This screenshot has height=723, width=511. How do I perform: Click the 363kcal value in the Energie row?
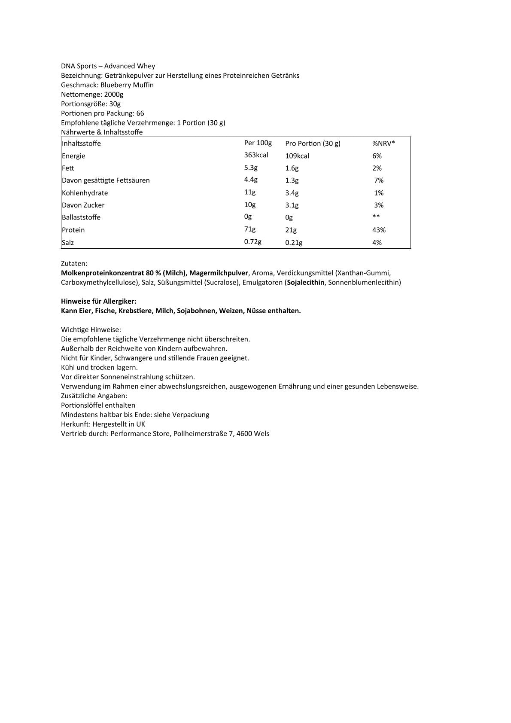pyautogui.click(x=256, y=155)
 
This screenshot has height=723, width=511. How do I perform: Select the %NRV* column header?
pyautogui.click(x=383, y=143)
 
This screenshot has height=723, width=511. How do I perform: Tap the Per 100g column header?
pyautogui.click(x=258, y=143)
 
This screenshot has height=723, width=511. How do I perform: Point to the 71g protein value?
pyautogui.click(x=249, y=229)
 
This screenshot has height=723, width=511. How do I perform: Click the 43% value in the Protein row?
pyautogui.click(x=379, y=230)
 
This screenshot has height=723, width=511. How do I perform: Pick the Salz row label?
pyautogui.click(x=68, y=242)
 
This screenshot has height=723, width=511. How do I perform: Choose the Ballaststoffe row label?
pyautogui.click(x=81, y=217)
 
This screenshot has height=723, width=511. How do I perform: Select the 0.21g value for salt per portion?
pyautogui.click(x=294, y=243)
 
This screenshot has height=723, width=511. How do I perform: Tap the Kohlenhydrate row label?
pyautogui.click(x=85, y=193)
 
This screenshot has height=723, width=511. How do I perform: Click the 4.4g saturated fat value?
pyautogui.click(x=250, y=180)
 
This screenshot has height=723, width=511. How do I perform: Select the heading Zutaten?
pyautogui.click(x=74, y=263)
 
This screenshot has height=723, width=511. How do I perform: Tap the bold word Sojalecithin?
pyautogui.click(x=306, y=282)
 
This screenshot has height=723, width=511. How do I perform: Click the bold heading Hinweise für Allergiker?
pyautogui.click(x=98, y=301)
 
